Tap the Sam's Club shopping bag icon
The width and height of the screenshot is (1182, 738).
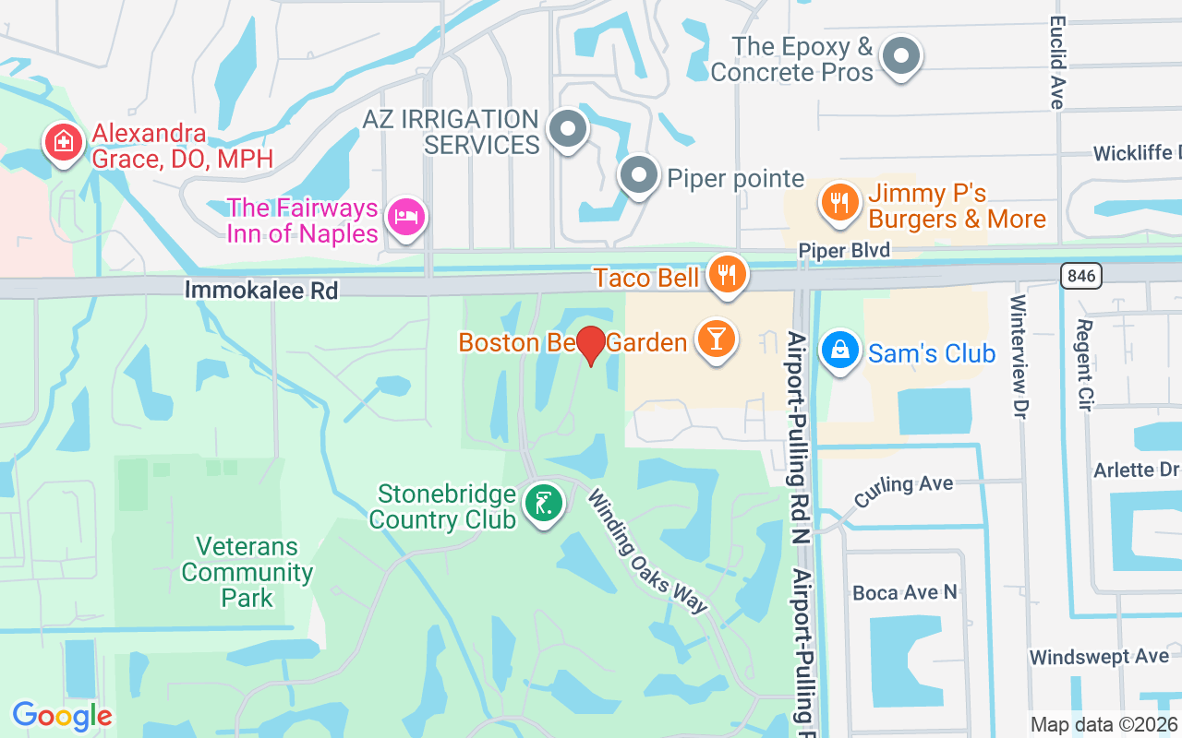point(839,351)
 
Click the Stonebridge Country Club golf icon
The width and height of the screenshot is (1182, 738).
point(544,504)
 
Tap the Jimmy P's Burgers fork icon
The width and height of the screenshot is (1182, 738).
point(838,201)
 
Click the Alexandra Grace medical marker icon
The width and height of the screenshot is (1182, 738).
point(63,142)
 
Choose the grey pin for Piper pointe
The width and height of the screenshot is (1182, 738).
point(637,175)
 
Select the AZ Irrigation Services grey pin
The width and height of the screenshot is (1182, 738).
point(568,129)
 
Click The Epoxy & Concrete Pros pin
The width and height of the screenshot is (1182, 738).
point(900,57)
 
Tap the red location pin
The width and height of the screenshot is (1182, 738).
point(590,345)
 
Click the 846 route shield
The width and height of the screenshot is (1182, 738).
point(1080,275)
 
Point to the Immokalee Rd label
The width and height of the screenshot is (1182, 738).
point(261,291)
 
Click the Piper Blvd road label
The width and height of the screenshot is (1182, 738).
point(844,251)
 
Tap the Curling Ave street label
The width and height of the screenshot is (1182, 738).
point(903,490)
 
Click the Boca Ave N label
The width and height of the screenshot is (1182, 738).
point(905,592)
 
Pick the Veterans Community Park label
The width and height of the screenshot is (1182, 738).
point(247,572)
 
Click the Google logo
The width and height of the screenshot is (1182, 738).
point(62,716)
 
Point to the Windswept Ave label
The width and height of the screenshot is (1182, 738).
point(1099,658)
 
